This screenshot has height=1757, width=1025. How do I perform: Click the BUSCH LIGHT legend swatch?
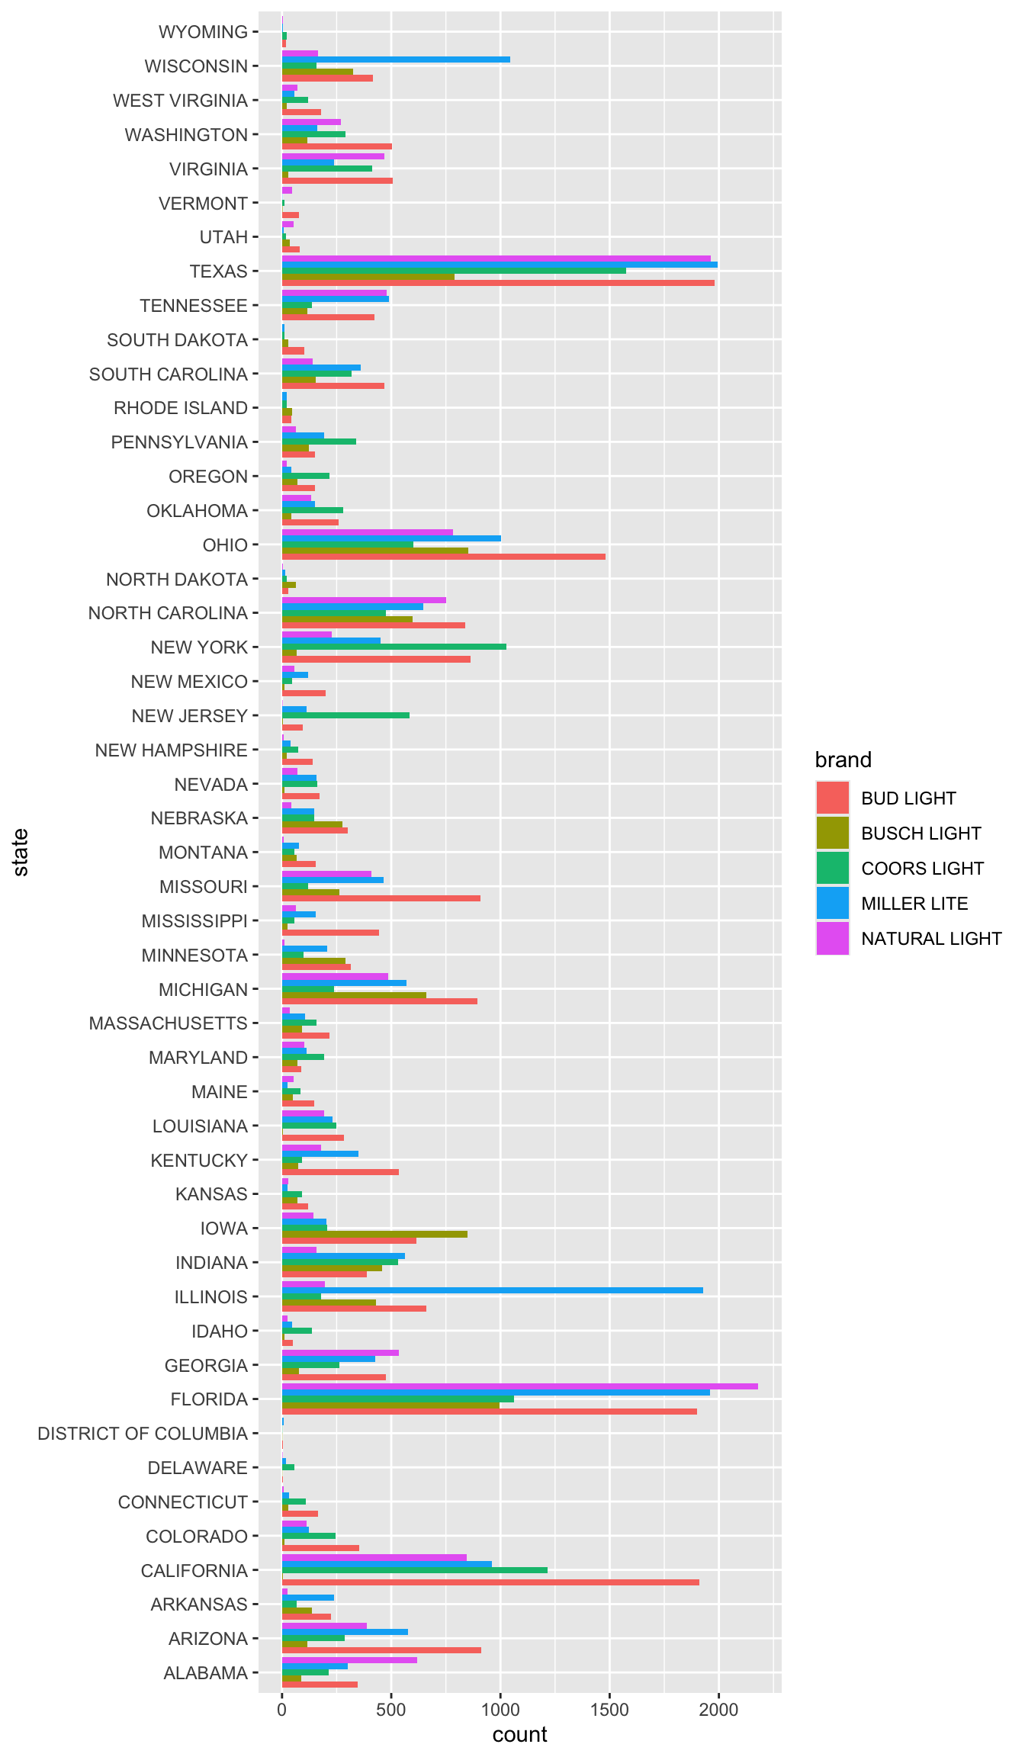click(x=832, y=833)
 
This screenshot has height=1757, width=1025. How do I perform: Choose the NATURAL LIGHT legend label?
click(x=931, y=939)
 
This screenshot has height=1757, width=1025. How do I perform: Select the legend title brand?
click(x=843, y=760)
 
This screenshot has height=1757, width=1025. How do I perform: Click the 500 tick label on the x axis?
click(x=391, y=1710)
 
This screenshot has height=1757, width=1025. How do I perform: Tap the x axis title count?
click(x=519, y=1735)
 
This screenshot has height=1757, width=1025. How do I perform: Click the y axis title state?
click(x=21, y=852)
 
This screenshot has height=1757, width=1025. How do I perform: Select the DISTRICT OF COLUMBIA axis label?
click(x=143, y=1434)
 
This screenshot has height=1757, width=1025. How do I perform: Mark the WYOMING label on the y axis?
click(x=203, y=32)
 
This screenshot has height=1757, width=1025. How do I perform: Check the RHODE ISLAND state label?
click(x=181, y=408)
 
